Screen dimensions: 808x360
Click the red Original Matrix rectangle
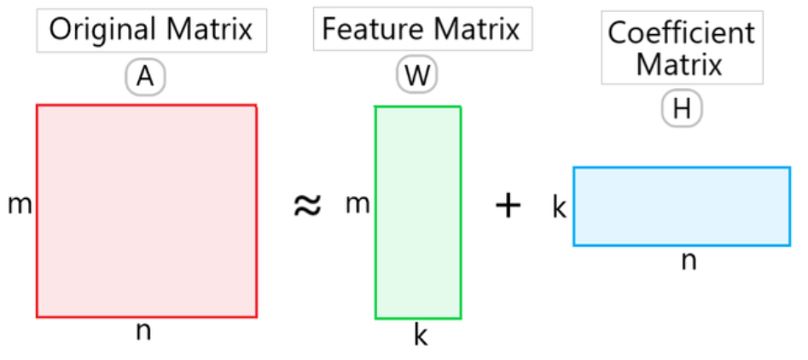coord(147,212)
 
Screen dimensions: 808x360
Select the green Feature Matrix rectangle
coord(418,212)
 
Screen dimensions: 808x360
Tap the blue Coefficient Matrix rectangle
coord(682,206)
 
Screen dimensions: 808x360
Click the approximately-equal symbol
coord(308,206)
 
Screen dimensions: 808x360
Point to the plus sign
coord(508,206)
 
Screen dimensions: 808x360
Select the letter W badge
coord(416,77)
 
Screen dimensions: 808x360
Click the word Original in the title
coord(103,30)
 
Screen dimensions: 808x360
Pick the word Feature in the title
coord(375,29)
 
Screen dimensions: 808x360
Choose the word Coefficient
coord(681,33)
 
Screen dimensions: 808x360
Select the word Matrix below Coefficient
coord(679,65)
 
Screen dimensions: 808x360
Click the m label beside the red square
coord(20,206)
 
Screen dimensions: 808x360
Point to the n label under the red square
coord(144,332)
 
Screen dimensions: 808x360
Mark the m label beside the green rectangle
coord(357,206)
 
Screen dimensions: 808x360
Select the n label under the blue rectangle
coord(689,262)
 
